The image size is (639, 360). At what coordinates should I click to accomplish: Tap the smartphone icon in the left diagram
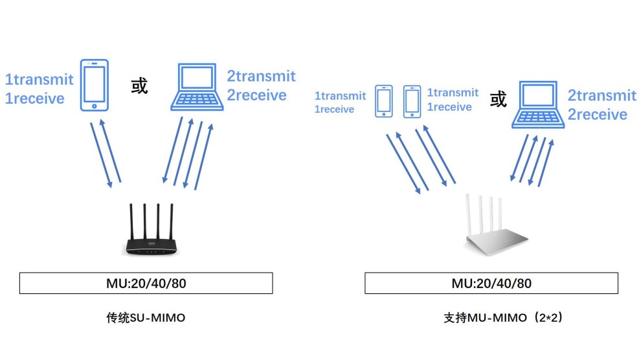(95, 85)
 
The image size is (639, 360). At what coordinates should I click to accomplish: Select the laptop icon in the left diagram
(197, 87)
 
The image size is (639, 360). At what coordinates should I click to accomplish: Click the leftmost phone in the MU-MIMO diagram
(384, 102)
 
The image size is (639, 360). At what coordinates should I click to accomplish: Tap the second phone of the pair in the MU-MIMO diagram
(412, 102)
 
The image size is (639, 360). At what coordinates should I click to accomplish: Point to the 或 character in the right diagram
(498, 100)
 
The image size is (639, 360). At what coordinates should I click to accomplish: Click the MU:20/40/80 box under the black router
(146, 284)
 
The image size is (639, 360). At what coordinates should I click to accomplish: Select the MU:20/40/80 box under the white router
(491, 284)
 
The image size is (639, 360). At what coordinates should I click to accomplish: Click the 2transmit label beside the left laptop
(261, 76)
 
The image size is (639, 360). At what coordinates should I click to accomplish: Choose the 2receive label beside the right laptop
(598, 115)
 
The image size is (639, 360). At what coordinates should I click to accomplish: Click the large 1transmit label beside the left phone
(39, 80)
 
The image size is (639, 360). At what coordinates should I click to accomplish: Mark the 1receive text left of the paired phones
(334, 109)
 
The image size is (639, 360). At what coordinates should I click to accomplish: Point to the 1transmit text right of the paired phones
(453, 93)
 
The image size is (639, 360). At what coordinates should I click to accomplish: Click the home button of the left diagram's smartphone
(95, 106)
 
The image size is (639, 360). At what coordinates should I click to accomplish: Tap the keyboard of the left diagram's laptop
(197, 100)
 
